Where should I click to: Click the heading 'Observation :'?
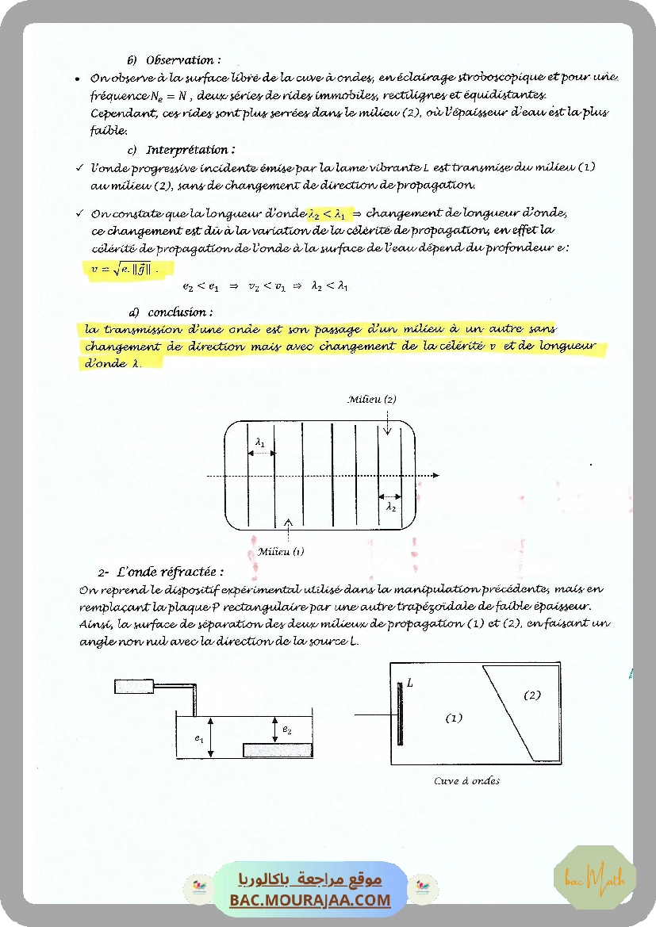click(x=182, y=59)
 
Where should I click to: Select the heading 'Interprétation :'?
click(x=190, y=149)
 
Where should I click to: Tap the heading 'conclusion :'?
click(x=179, y=312)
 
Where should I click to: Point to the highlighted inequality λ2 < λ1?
click(x=328, y=213)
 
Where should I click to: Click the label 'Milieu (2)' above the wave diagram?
click(x=372, y=400)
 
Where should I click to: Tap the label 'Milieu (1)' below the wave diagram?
click(x=281, y=551)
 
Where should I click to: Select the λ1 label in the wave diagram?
click(x=260, y=442)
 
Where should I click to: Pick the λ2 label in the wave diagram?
click(x=391, y=506)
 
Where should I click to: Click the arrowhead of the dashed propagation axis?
click(x=435, y=476)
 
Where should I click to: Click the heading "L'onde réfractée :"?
click(x=170, y=572)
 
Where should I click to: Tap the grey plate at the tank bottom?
click(x=278, y=749)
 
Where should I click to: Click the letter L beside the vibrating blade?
click(x=410, y=682)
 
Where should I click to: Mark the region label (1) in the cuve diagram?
click(x=453, y=718)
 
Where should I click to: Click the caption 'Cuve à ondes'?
click(x=466, y=780)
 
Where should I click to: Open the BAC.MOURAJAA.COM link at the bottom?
click(x=310, y=900)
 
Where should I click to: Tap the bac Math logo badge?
click(x=594, y=878)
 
